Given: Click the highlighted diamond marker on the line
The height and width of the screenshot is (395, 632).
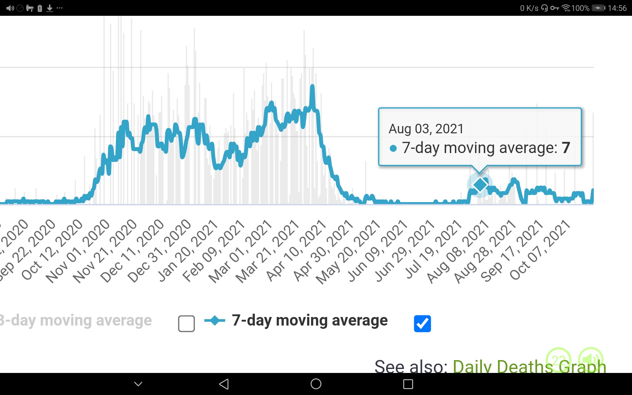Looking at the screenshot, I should [480, 185].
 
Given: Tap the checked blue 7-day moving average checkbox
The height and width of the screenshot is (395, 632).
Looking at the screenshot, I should [422, 323].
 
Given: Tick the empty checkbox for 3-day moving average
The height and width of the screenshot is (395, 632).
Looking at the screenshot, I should [186, 323].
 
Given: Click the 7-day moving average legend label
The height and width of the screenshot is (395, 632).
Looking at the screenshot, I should [309, 320].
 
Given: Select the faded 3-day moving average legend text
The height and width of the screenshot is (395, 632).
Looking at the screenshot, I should [76, 320].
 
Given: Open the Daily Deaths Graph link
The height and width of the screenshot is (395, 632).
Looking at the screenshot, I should [529, 366].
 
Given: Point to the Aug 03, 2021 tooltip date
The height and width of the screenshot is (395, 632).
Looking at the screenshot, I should [426, 129].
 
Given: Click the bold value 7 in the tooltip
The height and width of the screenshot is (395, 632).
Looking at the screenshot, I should [566, 148].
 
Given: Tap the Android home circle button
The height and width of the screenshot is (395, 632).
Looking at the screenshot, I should [316, 384].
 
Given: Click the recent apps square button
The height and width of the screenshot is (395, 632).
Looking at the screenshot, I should [408, 384].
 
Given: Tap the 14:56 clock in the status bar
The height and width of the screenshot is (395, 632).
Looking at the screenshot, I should [617, 8].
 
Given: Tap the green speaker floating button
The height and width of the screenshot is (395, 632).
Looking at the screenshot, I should [591, 359].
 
